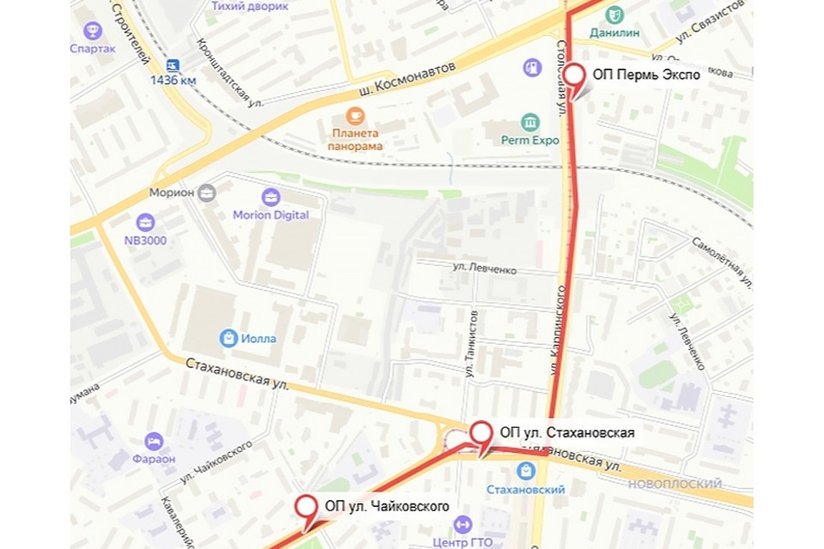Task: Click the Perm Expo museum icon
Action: tap(530, 122)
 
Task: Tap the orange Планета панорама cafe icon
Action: tap(354, 116)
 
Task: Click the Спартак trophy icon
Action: tap(93, 32)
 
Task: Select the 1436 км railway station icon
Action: tap(173, 64)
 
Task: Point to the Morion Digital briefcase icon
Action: tap(271, 197)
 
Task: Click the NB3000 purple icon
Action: tap(146, 222)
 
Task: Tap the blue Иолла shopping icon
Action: tap(228, 338)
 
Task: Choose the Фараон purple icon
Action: tap(154, 442)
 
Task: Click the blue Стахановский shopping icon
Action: tap(525, 471)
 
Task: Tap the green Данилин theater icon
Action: tap(615, 15)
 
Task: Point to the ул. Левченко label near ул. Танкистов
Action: tap(485, 269)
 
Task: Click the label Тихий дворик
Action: tap(250, 6)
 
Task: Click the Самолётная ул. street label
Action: tap(723, 262)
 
